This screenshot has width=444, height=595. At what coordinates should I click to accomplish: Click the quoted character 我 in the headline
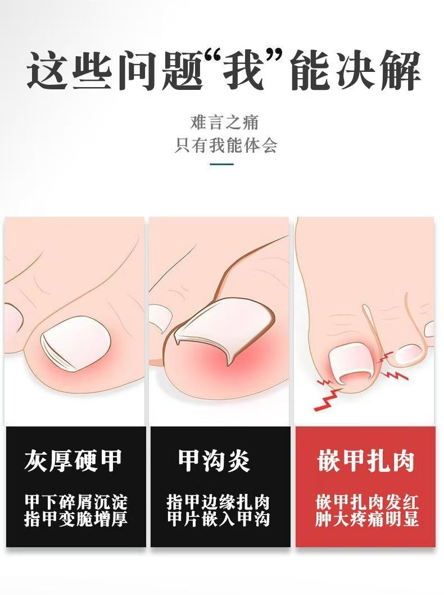(x=243, y=71)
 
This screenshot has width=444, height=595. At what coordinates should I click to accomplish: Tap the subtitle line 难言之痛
(x=225, y=122)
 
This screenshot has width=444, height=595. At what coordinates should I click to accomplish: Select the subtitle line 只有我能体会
(x=226, y=146)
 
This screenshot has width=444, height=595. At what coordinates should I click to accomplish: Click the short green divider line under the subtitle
(x=222, y=164)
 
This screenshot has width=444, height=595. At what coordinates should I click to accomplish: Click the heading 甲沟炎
(x=214, y=460)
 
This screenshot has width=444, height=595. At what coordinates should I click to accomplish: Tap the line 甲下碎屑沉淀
(x=76, y=502)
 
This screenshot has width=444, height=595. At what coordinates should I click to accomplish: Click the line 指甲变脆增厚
(x=76, y=519)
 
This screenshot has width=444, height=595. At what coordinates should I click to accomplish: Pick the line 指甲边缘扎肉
(x=218, y=502)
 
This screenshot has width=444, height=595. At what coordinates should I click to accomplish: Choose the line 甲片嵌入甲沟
(x=218, y=519)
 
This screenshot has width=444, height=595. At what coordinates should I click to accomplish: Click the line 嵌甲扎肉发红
(x=367, y=502)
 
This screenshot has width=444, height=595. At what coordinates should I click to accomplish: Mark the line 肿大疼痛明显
(x=367, y=519)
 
